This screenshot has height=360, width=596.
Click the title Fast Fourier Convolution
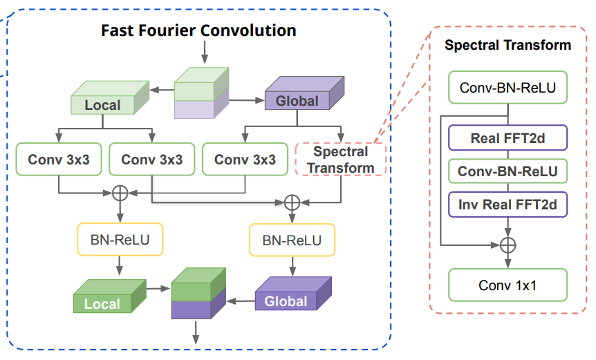pyautogui.click(x=198, y=30)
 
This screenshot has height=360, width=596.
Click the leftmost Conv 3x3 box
pyautogui.click(x=59, y=160)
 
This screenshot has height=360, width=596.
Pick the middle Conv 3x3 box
pyautogui.click(x=152, y=160)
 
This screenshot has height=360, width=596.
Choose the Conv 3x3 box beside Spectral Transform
pyautogui.click(x=245, y=160)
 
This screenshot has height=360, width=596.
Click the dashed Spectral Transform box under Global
pyautogui.click(x=340, y=159)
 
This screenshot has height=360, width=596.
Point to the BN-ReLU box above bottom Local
pyautogui.click(x=120, y=240)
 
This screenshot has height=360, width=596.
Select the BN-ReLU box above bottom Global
pyautogui.click(x=292, y=240)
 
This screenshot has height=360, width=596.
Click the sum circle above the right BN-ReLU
pyautogui.click(x=292, y=202)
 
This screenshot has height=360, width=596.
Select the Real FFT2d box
pyautogui.click(x=507, y=138)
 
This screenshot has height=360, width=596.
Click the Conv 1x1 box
pyautogui.click(x=507, y=285)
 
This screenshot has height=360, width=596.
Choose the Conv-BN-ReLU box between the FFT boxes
pyautogui.click(x=507, y=171)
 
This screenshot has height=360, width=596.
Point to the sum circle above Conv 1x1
pyautogui.click(x=508, y=245)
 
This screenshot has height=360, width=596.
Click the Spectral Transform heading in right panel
pyautogui.click(x=507, y=46)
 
